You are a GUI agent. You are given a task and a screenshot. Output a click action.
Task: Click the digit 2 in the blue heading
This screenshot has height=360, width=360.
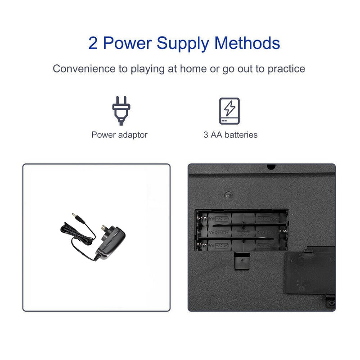coord(93,43)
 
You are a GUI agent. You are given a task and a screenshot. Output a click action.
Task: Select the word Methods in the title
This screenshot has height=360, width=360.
coord(247,43)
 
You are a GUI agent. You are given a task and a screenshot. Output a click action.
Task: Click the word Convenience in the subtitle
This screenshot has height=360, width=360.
coord(84,69)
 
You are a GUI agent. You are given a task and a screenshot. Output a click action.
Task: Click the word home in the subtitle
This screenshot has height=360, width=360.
coord(193,69)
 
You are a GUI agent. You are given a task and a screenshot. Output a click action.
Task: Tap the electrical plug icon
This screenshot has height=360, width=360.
coord(121,111)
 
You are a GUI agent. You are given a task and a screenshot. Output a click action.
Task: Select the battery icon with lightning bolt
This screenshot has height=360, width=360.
coord(229,111)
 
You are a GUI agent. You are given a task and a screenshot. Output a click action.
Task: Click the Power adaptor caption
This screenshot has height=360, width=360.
coord(119,135)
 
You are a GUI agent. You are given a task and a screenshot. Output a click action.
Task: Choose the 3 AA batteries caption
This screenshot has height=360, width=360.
coord(230,135)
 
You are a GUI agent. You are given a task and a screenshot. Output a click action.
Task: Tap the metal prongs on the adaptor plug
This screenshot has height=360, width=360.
coord(105,228)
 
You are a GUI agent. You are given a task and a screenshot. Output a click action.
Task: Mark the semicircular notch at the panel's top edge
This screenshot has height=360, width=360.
coord(271,166)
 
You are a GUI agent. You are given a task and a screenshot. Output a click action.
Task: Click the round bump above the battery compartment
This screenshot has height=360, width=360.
coord(228,195)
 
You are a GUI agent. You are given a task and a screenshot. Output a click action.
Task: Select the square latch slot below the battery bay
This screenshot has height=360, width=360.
coord(242,261)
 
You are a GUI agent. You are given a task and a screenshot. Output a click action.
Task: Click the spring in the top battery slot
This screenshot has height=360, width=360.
coord(202,218)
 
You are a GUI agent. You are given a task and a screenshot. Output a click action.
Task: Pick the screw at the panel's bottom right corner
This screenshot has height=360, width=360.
coord(331,303)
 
